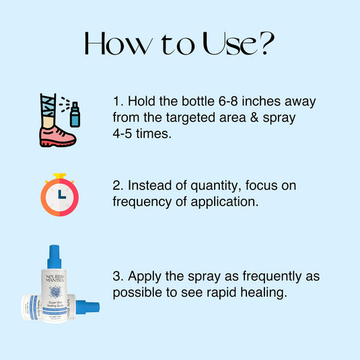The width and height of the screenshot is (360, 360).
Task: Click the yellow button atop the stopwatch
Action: point(60,176)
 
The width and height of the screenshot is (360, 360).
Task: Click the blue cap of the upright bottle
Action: point(55,257)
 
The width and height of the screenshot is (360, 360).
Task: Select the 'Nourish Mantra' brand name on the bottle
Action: point(55,282)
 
